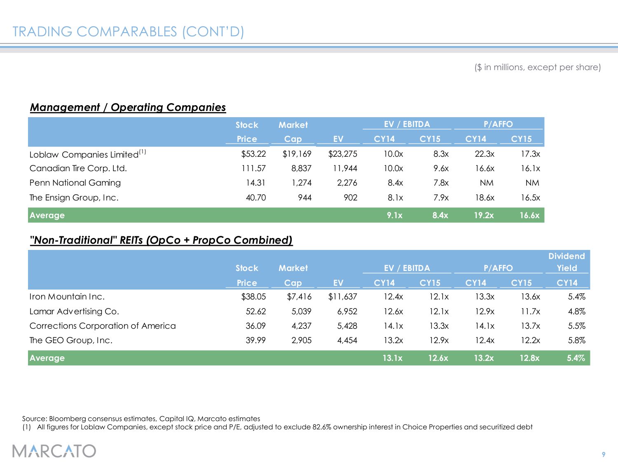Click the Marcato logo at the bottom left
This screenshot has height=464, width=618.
click(54, 450)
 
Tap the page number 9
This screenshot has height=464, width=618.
click(604, 455)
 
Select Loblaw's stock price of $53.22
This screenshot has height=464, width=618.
click(253, 154)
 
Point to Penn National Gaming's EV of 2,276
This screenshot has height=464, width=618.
click(347, 183)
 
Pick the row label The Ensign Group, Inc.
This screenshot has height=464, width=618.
click(74, 198)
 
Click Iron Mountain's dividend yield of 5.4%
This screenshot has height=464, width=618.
click(576, 297)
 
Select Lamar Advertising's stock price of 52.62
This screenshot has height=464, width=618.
click(255, 311)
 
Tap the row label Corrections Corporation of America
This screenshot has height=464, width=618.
click(103, 326)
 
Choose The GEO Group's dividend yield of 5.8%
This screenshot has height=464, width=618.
click(576, 340)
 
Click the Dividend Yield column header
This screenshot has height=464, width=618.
click(566, 262)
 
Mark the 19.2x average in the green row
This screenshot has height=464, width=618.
click(484, 215)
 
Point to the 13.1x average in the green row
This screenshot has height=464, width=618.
click(392, 358)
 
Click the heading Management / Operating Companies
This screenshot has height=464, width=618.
click(128, 107)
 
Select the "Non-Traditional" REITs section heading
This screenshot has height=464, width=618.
click(161, 240)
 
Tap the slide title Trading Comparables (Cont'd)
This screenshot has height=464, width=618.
click(128, 32)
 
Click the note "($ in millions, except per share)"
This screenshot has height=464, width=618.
click(537, 67)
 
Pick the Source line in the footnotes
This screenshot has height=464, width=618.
click(141, 419)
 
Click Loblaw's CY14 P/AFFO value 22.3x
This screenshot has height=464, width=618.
click(485, 154)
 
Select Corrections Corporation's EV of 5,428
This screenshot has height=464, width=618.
click(347, 326)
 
